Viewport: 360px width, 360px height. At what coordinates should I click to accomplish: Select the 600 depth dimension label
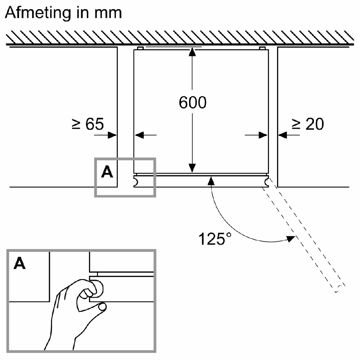coord(192,102)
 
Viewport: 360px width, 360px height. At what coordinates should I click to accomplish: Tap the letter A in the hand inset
coord(20,263)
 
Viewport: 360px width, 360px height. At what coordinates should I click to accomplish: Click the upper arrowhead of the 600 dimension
coord(192,52)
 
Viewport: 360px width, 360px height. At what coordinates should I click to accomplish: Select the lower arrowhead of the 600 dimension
coord(192,168)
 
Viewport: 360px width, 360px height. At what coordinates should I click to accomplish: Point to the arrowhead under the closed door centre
coord(211,180)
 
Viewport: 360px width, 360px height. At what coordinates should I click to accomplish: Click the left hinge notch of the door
coord(135,181)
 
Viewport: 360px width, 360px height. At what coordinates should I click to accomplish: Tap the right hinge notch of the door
coord(266,181)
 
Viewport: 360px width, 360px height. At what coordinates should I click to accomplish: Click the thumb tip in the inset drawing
coord(102,307)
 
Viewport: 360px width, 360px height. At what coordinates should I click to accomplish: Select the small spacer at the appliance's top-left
coord(140,48)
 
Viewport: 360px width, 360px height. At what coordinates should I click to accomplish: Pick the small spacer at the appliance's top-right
coord(262,48)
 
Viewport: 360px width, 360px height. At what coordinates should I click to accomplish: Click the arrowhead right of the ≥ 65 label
coord(113,135)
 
